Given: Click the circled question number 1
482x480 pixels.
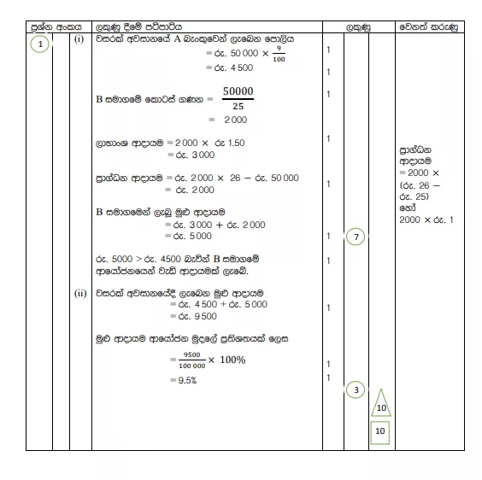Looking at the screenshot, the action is click(40, 46).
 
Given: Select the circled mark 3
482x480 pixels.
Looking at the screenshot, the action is click(356, 390).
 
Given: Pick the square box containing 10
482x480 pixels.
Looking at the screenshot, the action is click(380, 432).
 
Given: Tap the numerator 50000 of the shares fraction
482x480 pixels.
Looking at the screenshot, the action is click(238, 91).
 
